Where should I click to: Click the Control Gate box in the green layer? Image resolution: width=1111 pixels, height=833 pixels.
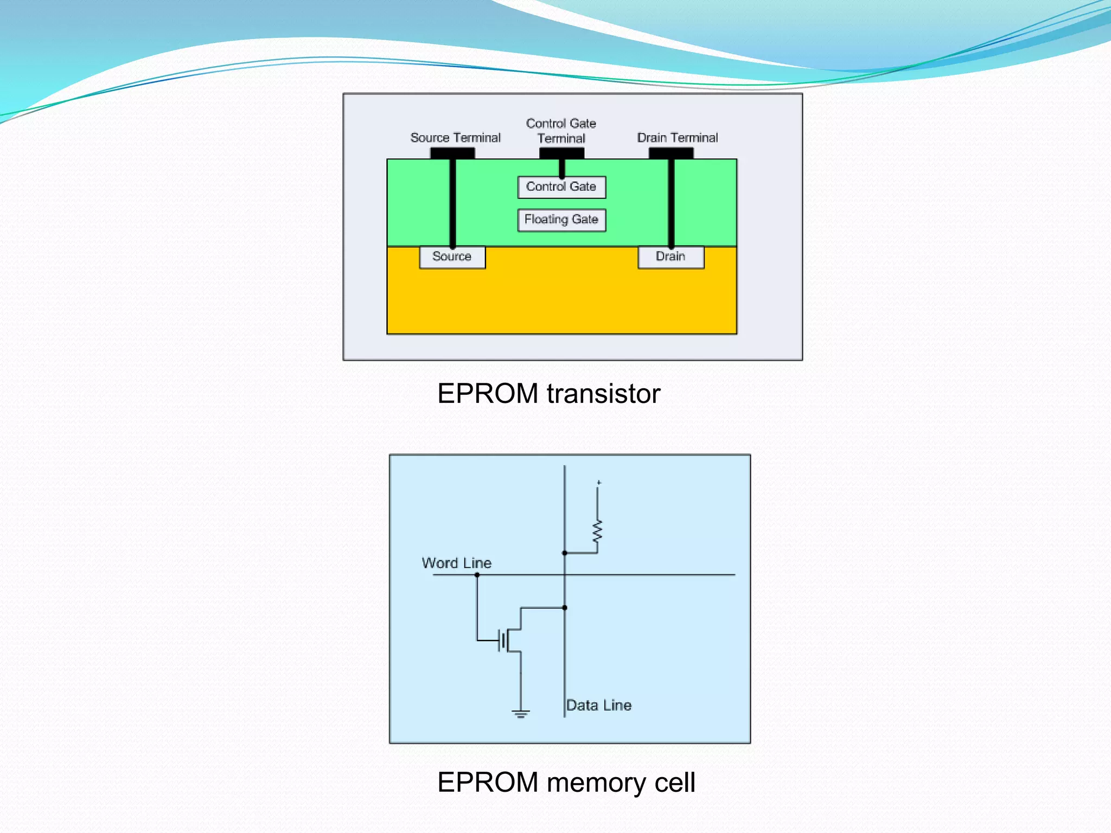click(x=561, y=187)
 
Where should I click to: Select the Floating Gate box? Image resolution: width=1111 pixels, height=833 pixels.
click(x=561, y=220)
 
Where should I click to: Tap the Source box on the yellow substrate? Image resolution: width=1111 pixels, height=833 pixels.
click(x=452, y=257)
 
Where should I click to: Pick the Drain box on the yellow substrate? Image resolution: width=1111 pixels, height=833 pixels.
click(x=671, y=257)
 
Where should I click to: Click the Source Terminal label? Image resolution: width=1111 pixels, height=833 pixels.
click(x=455, y=138)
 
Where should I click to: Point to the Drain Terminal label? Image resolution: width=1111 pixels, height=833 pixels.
click(x=677, y=138)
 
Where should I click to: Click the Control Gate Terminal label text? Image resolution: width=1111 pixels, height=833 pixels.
click(x=561, y=131)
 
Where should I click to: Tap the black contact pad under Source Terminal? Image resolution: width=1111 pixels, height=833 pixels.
click(x=452, y=153)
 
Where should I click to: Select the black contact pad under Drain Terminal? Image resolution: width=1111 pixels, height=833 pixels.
click(x=671, y=153)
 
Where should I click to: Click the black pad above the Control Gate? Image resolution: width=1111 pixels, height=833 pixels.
click(x=561, y=153)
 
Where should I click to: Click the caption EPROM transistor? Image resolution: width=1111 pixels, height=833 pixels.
click(x=548, y=393)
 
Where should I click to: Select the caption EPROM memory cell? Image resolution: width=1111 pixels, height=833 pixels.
click(x=566, y=783)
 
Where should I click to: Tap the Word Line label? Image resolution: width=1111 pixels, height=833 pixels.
click(x=456, y=563)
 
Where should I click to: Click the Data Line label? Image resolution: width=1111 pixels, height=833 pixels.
click(x=599, y=705)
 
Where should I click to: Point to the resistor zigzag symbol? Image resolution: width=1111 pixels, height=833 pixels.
click(x=597, y=531)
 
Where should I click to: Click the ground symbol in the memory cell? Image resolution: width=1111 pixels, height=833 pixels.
click(x=521, y=714)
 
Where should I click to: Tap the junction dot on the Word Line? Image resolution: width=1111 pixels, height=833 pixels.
click(x=477, y=575)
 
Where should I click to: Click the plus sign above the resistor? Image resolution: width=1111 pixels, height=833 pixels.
click(x=599, y=482)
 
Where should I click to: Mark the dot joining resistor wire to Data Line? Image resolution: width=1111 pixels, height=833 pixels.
click(x=565, y=553)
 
